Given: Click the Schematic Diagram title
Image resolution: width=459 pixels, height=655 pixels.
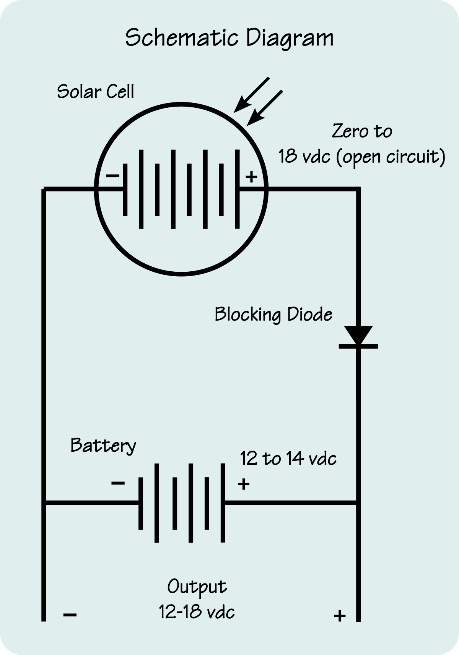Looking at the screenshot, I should click(x=229, y=38).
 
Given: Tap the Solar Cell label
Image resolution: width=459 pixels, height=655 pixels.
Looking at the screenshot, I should click(x=96, y=92).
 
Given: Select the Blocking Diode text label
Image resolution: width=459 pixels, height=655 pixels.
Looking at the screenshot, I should click(x=273, y=315).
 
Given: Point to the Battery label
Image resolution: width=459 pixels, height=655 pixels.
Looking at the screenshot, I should click(x=103, y=446).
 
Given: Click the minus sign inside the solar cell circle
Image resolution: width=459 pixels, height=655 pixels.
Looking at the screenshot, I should click(x=112, y=176).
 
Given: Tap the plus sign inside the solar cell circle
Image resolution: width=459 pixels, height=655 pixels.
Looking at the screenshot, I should click(x=251, y=177).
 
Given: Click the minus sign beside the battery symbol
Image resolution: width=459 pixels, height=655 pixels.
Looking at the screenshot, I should click(x=118, y=483).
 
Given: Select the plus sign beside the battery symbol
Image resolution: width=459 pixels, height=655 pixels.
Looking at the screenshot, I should click(x=244, y=484).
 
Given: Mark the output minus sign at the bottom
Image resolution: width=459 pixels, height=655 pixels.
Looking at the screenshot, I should click(x=70, y=615).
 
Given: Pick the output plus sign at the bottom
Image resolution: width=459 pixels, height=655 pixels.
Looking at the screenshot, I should click(x=340, y=616).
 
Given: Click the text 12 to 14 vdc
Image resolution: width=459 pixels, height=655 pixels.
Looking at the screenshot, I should click(x=288, y=458).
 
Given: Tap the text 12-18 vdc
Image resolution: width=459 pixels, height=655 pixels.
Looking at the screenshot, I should click(x=197, y=612).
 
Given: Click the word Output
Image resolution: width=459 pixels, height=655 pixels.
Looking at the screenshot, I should click(x=197, y=587).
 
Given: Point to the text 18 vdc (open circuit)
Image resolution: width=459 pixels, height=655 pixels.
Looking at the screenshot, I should click(x=361, y=157).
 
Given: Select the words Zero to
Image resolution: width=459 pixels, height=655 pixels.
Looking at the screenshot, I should click(x=362, y=131).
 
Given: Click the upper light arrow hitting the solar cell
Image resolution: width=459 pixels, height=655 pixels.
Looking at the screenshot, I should click(x=252, y=94).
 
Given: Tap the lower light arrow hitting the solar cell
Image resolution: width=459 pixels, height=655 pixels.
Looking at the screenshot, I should click(x=265, y=108).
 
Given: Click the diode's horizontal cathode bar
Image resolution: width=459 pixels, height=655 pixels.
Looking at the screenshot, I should click(x=358, y=347).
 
